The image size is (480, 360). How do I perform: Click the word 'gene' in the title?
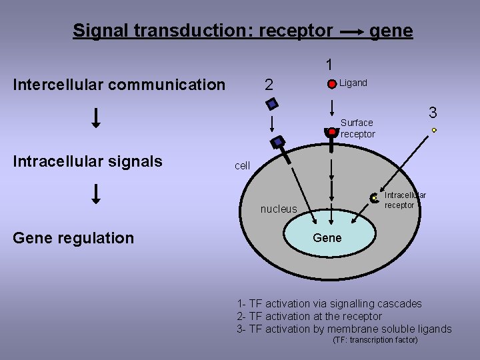click(x=391, y=31)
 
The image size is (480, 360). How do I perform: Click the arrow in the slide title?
click(x=351, y=31)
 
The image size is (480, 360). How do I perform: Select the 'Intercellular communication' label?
click(x=119, y=85)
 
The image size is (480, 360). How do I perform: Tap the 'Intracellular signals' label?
click(x=88, y=161)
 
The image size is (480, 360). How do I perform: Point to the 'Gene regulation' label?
click(x=73, y=238)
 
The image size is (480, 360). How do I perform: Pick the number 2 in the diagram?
click(x=269, y=85)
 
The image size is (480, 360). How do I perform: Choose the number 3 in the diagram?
click(x=433, y=112)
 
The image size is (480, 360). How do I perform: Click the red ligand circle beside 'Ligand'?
click(x=332, y=85)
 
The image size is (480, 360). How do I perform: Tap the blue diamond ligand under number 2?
click(x=272, y=103)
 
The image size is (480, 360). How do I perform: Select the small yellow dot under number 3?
click(x=434, y=130)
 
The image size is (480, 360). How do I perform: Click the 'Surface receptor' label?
click(x=357, y=128)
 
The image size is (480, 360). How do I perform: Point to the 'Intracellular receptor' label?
click(x=405, y=200)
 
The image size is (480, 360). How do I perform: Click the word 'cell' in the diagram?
click(x=242, y=165)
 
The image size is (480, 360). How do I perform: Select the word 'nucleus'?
click(x=279, y=209)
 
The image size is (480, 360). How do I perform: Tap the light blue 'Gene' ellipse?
click(x=327, y=238)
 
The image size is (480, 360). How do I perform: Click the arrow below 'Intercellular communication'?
click(x=96, y=117)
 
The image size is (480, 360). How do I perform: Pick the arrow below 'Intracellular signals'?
click(x=96, y=193)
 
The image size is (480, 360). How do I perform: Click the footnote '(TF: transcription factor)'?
click(x=375, y=340)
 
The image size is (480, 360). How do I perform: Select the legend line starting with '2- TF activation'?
click(x=309, y=316)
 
